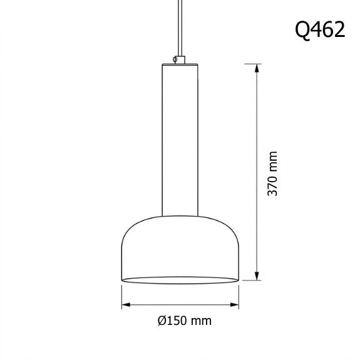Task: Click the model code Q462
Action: [x=320, y=30]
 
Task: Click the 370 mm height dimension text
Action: [x=273, y=173]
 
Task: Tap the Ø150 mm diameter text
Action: [x=185, y=321]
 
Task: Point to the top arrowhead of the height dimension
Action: [x=257, y=68]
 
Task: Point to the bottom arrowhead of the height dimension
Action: [x=257, y=275]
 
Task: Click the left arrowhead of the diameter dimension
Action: [x=126, y=305]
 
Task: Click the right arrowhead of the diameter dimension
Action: [x=234, y=305]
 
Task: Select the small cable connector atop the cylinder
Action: [x=179, y=59]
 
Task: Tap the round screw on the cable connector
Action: [x=175, y=60]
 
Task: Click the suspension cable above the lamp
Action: [x=180, y=28]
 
